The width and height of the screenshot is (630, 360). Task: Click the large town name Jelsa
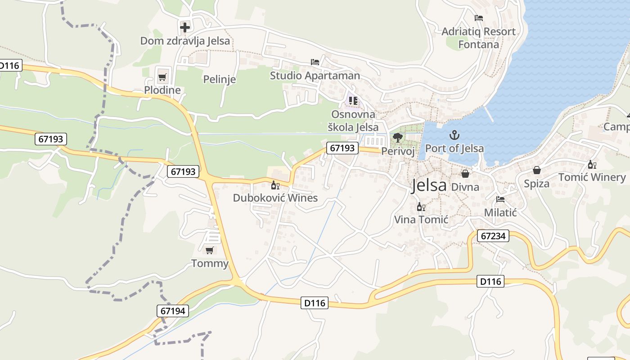coord(429,185)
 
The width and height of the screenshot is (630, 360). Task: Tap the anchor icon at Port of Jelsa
coord(454,135)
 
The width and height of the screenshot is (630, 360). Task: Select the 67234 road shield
coord(493,236)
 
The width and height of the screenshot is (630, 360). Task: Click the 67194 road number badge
coord(173,310)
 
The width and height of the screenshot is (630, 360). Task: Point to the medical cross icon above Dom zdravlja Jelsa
coord(185,27)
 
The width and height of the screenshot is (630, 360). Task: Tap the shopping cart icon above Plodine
coord(162,76)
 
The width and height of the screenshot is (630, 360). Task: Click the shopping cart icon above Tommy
coord(209,250)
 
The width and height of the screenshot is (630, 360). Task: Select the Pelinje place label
coord(220,80)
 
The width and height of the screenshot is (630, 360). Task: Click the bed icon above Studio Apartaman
coord(315,62)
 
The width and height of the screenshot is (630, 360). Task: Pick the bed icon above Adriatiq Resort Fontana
coord(478,18)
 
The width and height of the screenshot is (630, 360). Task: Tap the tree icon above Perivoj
coord(397,138)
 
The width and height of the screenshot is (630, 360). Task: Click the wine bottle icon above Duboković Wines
coord(275,185)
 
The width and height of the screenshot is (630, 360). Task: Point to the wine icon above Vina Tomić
coord(421,207)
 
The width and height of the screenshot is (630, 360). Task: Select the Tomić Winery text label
coord(592,177)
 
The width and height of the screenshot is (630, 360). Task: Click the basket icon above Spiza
coord(536,171)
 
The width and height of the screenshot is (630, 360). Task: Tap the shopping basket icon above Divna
coord(465,174)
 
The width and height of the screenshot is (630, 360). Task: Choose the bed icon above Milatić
coord(500,199)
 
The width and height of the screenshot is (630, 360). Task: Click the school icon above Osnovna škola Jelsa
coord(353,101)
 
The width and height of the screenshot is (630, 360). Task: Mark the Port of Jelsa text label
coord(454,148)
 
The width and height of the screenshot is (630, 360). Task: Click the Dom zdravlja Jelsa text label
coord(185,41)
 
